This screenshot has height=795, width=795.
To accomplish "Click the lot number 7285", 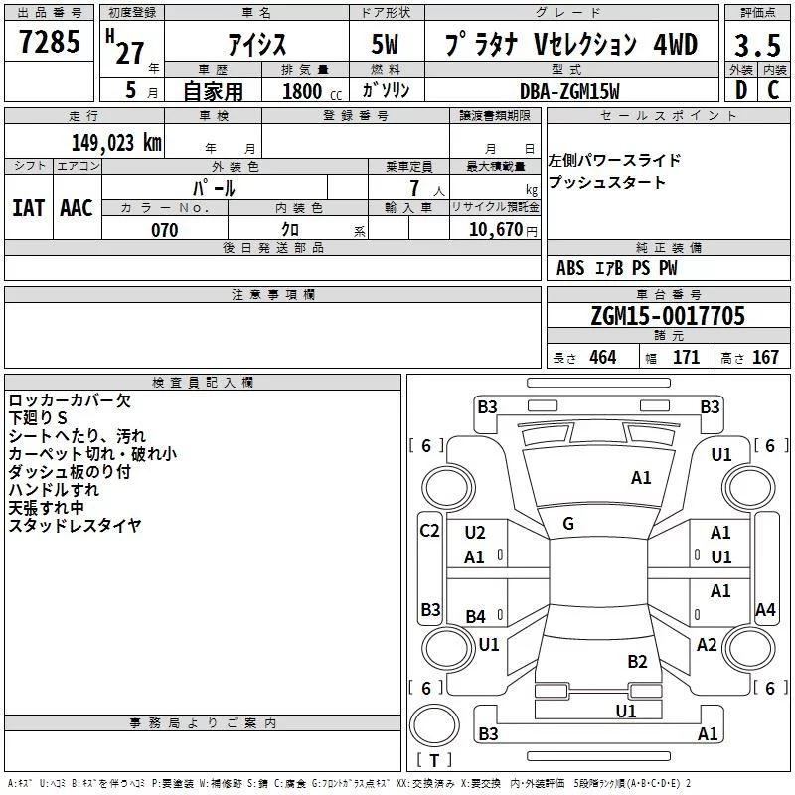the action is coord(50,43).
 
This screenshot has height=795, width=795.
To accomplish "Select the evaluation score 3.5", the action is coord(756,46).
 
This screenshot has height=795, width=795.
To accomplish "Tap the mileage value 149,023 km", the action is coord(116,142).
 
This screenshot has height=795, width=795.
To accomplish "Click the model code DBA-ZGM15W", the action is coord(570,90).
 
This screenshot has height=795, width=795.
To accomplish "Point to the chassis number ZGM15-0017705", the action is coord(667,317).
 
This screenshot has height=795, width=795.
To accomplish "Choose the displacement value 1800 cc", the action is coord(305,91).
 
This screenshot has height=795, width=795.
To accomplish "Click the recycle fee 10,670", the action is coord(495,230).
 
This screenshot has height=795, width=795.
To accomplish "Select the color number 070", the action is coord(164,230).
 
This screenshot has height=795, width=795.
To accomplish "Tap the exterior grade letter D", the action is coord(740,90).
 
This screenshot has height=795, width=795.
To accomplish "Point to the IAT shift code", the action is coord(28,208).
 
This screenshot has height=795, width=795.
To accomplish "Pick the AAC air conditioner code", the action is coord(77,208).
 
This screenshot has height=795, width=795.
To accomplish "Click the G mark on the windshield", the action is coord(568,524).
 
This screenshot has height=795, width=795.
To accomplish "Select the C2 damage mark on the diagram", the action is coord(429,531).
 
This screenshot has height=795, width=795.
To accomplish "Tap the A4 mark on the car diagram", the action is coord(764,610).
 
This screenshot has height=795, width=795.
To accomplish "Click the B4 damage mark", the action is coord(476,617).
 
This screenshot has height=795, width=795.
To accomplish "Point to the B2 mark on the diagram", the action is coord(637,662).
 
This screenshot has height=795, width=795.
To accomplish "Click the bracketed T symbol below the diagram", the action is coord(433,760).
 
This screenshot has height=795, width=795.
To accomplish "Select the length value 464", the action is coord(601,358).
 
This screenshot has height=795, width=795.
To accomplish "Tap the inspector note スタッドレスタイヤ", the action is coord(75,526).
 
